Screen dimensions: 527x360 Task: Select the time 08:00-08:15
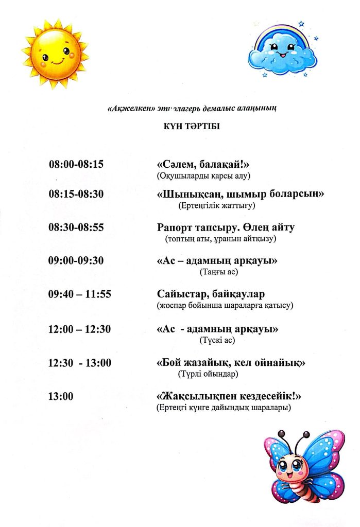(x=76, y=165)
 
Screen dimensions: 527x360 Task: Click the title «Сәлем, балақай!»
(x=203, y=165)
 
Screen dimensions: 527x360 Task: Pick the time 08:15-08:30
(x=76, y=195)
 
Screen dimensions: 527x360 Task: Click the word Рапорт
(x=174, y=227)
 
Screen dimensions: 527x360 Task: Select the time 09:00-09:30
(x=76, y=261)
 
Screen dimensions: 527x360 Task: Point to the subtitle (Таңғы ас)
(x=218, y=272)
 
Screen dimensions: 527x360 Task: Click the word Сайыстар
(x=178, y=294)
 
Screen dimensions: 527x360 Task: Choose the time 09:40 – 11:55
(x=80, y=294)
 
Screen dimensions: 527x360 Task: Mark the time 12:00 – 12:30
(x=80, y=329)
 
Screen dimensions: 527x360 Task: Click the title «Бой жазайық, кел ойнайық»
(x=231, y=363)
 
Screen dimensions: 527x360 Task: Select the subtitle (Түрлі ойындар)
(x=208, y=374)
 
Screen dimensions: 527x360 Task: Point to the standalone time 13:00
(x=61, y=396)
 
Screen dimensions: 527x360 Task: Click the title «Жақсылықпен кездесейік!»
(x=228, y=397)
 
